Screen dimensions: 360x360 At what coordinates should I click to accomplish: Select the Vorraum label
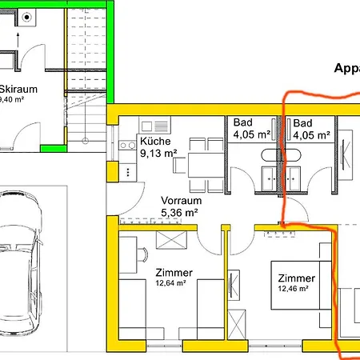(x=180, y=201)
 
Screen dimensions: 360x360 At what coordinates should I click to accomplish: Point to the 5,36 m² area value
(x=181, y=212)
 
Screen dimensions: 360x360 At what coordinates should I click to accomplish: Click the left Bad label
(x=242, y=123)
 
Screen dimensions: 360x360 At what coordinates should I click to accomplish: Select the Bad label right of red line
(x=302, y=123)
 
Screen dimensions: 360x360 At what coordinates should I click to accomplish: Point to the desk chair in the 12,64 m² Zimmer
(x=142, y=254)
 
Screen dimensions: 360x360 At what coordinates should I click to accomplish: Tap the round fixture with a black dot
(x=27, y=16)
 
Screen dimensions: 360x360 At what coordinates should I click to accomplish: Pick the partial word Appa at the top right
(x=346, y=69)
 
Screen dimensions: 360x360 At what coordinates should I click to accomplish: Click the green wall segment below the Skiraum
(x=52, y=147)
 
